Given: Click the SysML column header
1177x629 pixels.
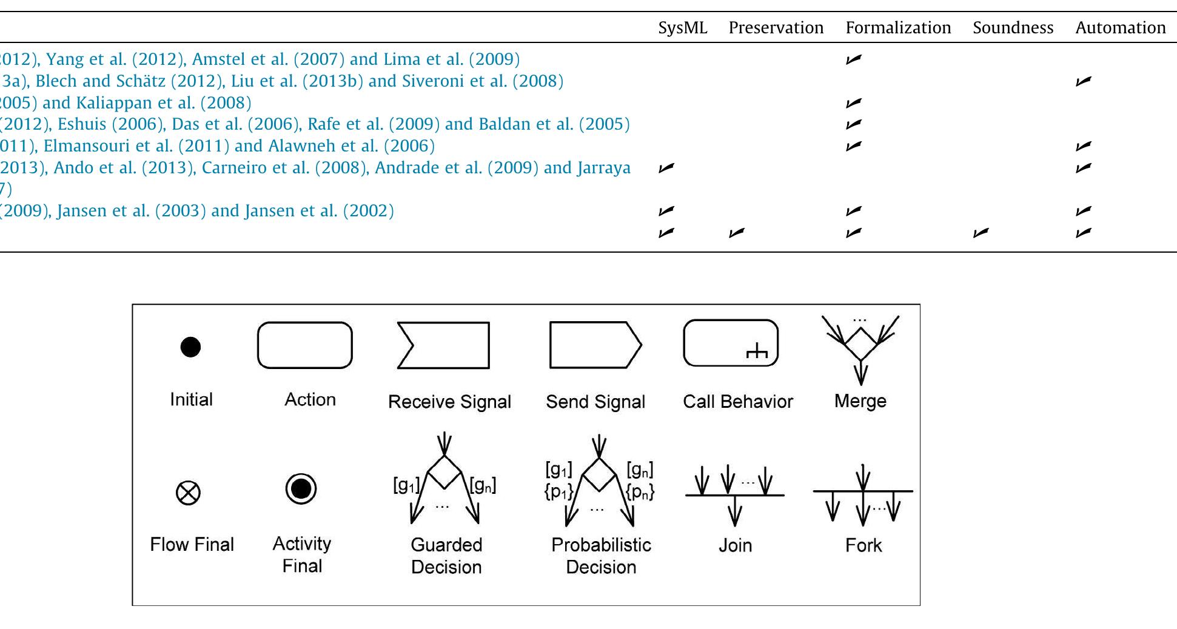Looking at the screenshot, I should pos(682,28).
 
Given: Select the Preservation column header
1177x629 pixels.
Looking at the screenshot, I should pos(776,28).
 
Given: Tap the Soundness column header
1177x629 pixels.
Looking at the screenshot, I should pos(1013,28).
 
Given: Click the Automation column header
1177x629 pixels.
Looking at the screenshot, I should pos(1120,28).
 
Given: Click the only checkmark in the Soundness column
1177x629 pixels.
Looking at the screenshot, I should pos(981,233).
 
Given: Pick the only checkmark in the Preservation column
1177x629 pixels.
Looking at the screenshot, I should pos(736,233).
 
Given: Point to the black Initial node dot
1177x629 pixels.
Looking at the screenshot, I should pos(190,347).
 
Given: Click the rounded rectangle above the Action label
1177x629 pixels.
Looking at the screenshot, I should pos(304,345).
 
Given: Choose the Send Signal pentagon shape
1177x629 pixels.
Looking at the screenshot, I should pos(594,345).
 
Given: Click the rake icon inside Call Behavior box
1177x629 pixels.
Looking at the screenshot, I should pos(757,351).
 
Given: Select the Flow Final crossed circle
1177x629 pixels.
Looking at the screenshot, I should pos(188,493).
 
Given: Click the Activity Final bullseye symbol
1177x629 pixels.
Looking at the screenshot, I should pos(301,488).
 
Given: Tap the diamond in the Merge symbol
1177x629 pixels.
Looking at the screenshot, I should pos(860,344).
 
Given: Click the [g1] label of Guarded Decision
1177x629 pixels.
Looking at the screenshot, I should pos(406,485).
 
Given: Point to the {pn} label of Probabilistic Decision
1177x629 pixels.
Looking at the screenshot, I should pos(640,491).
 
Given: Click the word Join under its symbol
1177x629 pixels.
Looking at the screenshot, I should pos(735,545).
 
